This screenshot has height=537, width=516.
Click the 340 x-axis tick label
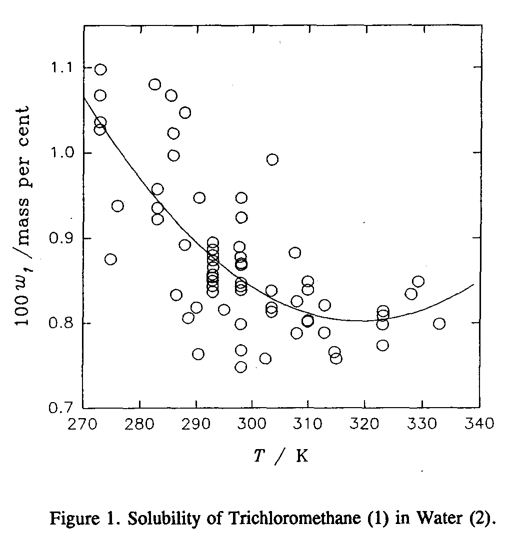coord(479,425)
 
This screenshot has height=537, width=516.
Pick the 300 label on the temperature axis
coord(252,425)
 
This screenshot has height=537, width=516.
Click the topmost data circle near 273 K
coord(100,69)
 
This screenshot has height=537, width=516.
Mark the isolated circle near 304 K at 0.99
coord(272,159)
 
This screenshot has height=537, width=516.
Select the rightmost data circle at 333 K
coord(439,324)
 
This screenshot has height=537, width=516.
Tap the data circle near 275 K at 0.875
coord(110,259)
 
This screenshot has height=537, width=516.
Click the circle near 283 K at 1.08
coord(154,84)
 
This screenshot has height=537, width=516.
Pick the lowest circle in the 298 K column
coord(240,367)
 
